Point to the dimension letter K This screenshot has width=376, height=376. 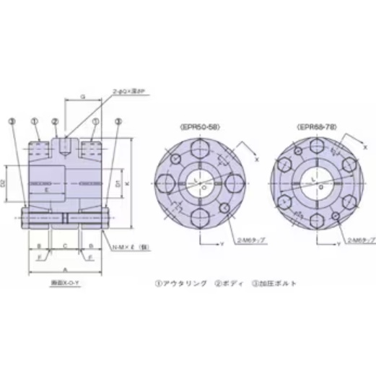[127, 184]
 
